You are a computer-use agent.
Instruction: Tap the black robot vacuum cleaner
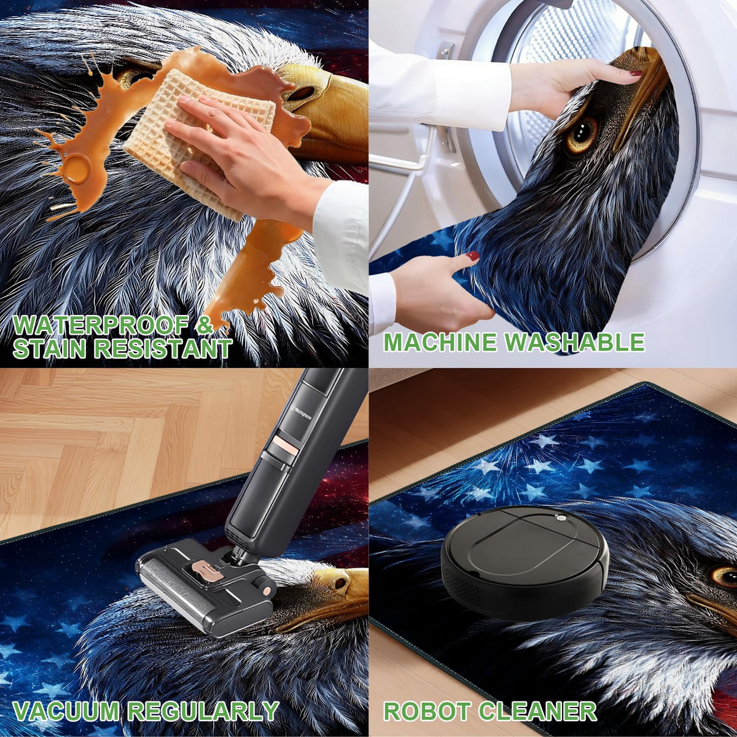click(x=524, y=550)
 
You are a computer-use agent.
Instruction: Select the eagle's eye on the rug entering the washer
click(x=580, y=133)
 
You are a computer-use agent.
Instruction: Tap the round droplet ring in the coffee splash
click(x=77, y=166)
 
